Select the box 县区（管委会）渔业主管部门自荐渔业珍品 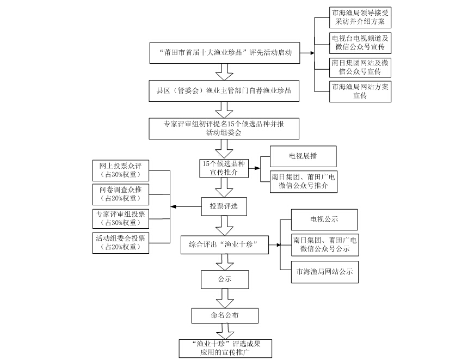pyautogui.click(x=224, y=90)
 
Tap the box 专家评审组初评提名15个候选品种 pyautogui.click(x=224, y=128)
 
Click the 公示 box pyautogui.click(x=224, y=279)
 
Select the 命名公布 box pyautogui.click(x=224, y=315)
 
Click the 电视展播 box pyautogui.click(x=303, y=156)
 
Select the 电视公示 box pyautogui.click(x=324, y=219)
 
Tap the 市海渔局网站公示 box pyautogui.click(x=324, y=271)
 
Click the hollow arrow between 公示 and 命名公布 pyautogui.click(x=224, y=298)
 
